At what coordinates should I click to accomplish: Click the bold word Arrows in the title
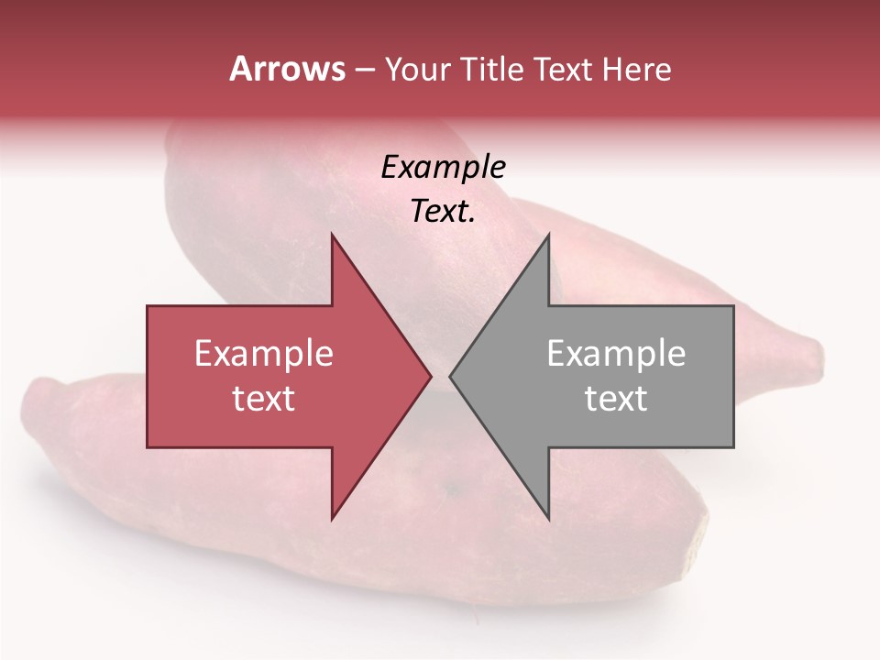click(x=287, y=69)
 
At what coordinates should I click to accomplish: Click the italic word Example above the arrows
click(x=443, y=168)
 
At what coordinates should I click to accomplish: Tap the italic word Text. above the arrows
click(x=443, y=212)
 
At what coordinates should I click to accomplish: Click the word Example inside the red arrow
click(x=264, y=354)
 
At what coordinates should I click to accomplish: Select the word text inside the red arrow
click(x=264, y=399)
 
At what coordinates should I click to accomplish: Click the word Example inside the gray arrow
click(x=616, y=354)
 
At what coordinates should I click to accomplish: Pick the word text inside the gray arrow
click(x=616, y=399)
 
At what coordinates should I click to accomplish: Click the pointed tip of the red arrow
click(x=430, y=376)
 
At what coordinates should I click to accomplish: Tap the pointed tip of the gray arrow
click(x=451, y=376)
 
